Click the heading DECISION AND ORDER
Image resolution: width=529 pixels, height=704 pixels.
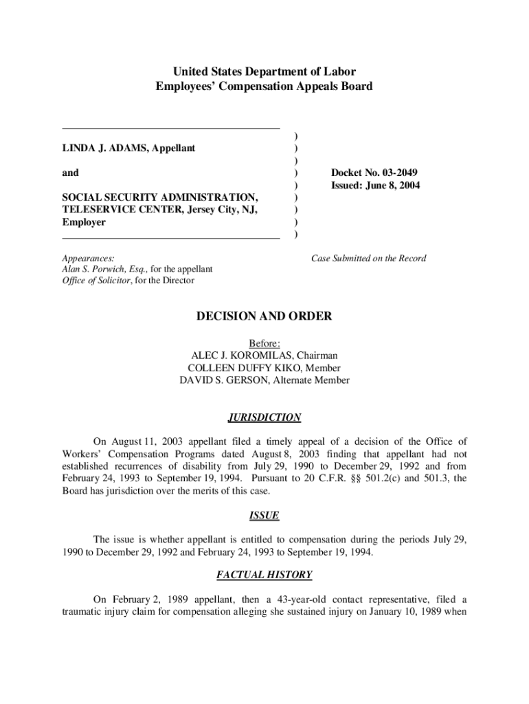coord(264,316)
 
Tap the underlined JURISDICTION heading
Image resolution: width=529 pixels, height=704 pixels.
coord(264,417)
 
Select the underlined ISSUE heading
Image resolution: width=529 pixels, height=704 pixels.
coord(264,516)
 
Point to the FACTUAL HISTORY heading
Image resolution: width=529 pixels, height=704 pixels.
coord(264,575)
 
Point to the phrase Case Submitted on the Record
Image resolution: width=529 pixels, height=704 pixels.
coord(368,258)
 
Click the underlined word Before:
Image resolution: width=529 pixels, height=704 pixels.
coord(264,343)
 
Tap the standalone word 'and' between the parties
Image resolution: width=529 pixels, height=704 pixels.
coord(70,173)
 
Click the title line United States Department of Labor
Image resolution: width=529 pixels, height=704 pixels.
coord(264,71)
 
